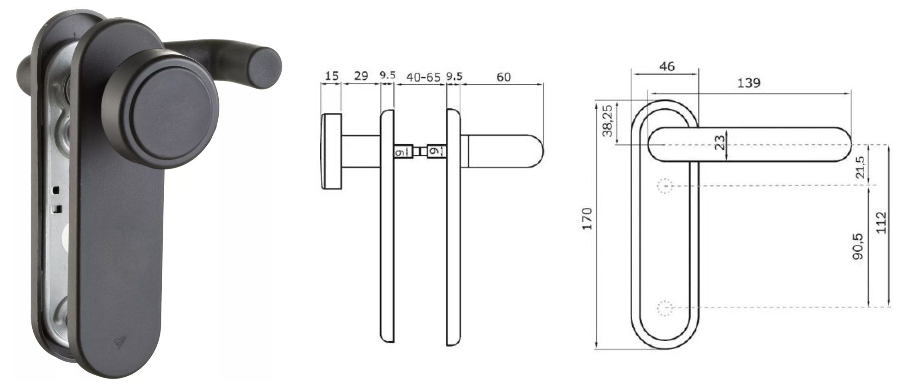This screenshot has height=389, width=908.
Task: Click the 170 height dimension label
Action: pos(587,219)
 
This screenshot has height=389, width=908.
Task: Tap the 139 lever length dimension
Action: pos(749,83)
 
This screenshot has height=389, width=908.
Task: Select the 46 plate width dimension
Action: pos(667,66)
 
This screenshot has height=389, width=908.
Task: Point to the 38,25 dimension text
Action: pos(607,121)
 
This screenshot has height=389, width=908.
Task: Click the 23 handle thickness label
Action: pos(720,142)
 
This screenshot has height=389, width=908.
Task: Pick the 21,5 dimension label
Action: pos(860,167)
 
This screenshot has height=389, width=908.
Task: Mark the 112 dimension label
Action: pos(881,223)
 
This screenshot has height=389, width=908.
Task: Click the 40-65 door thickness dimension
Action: pos(423,77)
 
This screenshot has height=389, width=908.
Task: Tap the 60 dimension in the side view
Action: pos(504,77)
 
